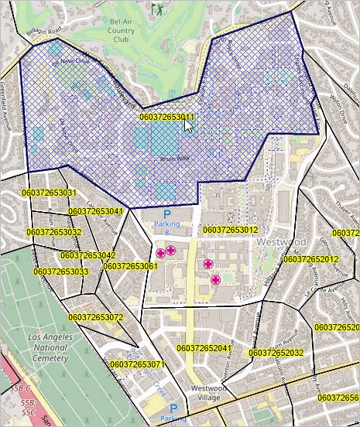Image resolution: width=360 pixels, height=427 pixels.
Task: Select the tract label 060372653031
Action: coord(48,193)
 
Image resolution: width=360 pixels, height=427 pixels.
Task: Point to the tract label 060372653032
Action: coord(53,232)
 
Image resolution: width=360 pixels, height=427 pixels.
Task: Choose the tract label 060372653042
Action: coord(87,255)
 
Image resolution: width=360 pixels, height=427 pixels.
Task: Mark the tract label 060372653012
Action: coord(230,230)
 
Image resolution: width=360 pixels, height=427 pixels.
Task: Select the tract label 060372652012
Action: coord(310,259)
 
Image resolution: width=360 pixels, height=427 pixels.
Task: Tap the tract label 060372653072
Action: coord(95,317)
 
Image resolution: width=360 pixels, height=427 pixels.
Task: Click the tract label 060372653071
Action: coord(138,364)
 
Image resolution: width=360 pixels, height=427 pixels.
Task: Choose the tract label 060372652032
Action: coord(276,353)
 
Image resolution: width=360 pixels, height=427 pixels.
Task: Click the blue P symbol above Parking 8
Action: coord(166,213)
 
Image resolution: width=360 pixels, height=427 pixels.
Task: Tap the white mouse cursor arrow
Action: coord(189,125)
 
